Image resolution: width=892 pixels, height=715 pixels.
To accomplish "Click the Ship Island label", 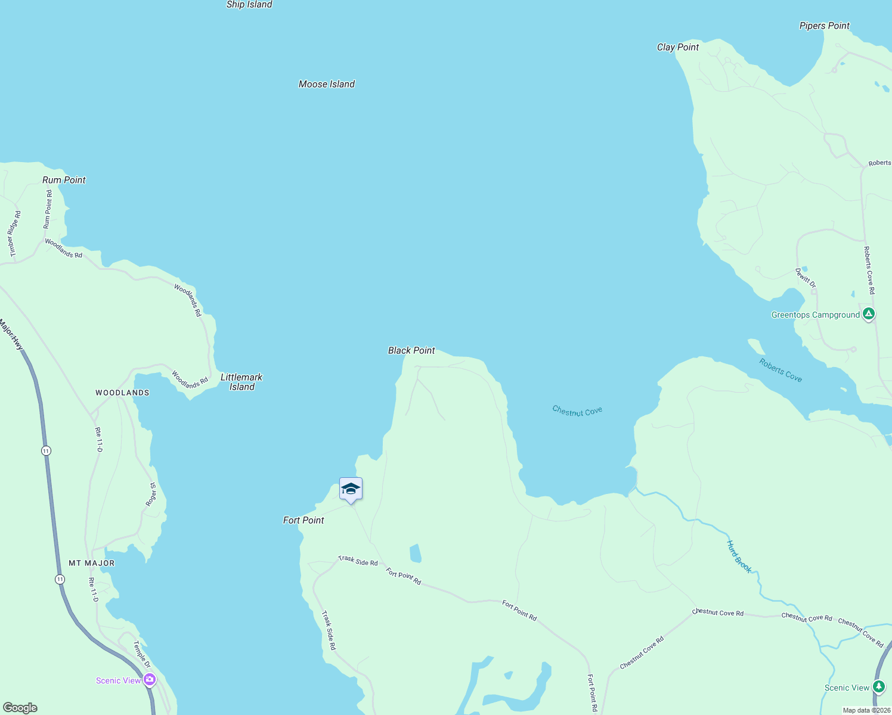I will coord(249,5).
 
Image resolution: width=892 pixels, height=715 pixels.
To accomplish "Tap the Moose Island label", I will coord(327,84).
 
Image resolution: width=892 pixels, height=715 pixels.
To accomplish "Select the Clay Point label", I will coord(678,47).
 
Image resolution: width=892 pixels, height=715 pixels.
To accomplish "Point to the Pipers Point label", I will coord(825,26).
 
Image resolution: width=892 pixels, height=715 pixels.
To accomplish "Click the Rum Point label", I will coord(64,180).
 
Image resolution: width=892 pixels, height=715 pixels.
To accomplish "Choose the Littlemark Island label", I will coord(241,382).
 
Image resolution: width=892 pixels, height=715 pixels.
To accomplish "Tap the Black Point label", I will coord(411,350).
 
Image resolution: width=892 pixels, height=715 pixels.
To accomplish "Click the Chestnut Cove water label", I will coord(577,411).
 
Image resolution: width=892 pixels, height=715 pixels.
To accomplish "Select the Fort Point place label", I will coord(303,520).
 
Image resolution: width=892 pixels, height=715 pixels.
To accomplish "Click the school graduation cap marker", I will coord(351,489).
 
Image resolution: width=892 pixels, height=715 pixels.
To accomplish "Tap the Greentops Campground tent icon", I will coord(869,313).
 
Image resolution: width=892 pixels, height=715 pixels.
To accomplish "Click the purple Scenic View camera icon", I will coord(149,679).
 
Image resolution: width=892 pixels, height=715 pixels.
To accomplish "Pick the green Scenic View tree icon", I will coord(878,686).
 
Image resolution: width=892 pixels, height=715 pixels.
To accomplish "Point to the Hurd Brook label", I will coord(739,557).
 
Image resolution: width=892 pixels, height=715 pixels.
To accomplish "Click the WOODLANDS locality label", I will coord(122,393).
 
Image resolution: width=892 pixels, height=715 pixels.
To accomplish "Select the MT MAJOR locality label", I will coord(92,563).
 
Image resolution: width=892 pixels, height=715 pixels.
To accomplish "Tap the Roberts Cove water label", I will coord(781,370).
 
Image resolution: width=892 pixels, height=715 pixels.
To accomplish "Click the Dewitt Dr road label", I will coord(806,278).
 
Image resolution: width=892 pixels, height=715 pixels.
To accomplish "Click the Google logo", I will coord(20,708).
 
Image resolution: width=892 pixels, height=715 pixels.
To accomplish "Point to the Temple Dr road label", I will coord(141,654).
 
